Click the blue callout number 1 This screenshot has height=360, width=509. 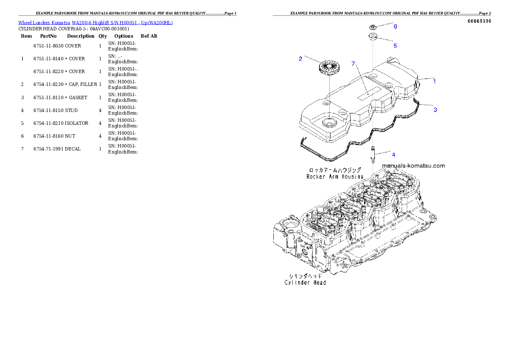pyautogui.click(x=435, y=81)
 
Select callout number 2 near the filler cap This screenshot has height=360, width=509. pyautogui.click(x=301, y=59)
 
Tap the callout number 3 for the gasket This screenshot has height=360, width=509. pyautogui.click(x=435, y=110)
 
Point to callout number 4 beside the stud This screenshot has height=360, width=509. pyautogui.click(x=394, y=154)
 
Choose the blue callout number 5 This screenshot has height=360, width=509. pyautogui.click(x=395, y=45)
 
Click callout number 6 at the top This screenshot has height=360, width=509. pyautogui.click(x=395, y=27)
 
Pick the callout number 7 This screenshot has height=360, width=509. pyautogui.click(x=353, y=64)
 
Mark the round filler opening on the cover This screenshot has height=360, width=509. pyautogui.click(x=330, y=123)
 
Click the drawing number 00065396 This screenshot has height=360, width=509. pyautogui.click(x=479, y=21)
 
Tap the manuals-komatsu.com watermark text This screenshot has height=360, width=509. pyautogui.click(x=413, y=166)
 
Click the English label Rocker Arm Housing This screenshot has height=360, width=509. pyautogui.click(x=334, y=176)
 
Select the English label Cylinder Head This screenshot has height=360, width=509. pyautogui.click(x=305, y=282)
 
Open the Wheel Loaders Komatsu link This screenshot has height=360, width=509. pyautogui.click(x=44, y=23)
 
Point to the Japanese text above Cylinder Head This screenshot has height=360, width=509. pyautogui.click(x=305, y=276)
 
